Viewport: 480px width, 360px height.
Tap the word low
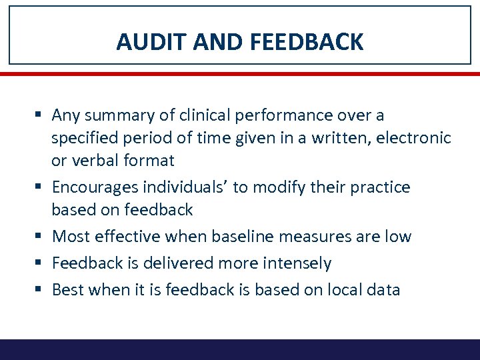click(399, 237)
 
